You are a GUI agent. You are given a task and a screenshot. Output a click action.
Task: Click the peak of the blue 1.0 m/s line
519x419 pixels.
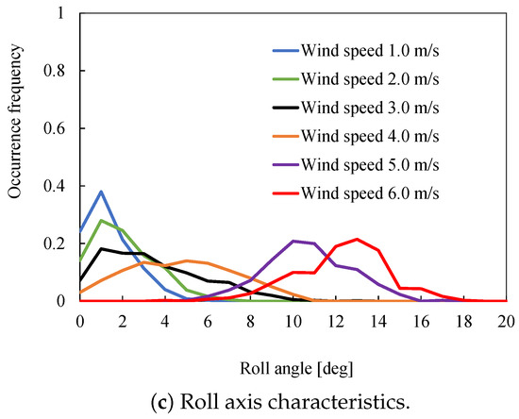101,192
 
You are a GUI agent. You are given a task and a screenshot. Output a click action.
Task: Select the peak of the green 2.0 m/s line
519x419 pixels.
101,220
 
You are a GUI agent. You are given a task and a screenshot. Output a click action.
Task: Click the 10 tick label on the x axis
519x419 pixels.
293,319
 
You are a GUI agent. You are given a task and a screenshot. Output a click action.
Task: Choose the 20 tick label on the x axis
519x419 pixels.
506,319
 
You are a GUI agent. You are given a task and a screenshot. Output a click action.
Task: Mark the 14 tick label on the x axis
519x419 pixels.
377,319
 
